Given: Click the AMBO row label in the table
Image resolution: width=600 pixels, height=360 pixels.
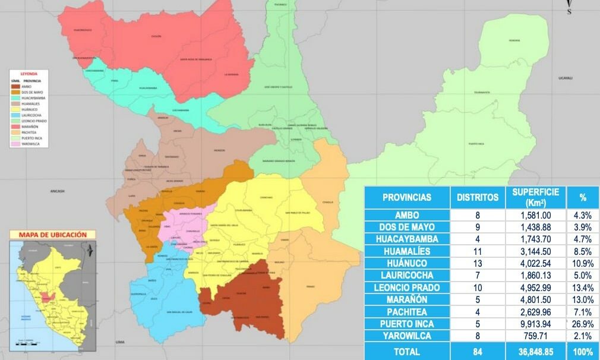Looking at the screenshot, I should [407, 215].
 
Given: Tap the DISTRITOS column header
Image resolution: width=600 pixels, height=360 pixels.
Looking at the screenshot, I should [478, 197].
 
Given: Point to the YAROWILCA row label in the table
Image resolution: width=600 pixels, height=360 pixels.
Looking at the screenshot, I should [407, 336].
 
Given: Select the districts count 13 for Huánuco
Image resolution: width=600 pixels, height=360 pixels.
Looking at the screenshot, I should [478, 263].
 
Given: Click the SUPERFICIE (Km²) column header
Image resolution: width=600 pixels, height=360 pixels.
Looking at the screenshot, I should [535, 197].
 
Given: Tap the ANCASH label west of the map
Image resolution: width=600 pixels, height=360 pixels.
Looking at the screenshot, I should [58, 191].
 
